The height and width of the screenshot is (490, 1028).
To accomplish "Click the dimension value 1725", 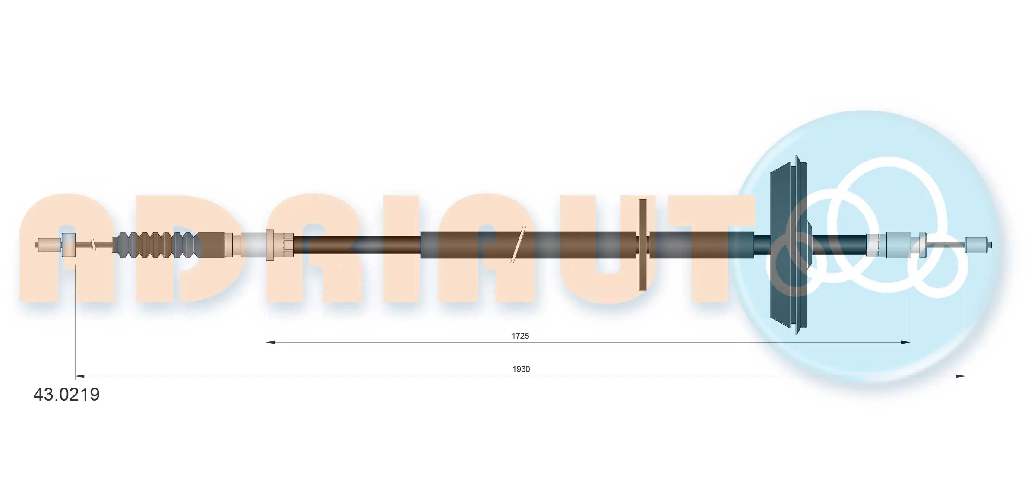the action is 520,336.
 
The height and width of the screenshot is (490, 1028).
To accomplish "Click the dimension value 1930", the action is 521,369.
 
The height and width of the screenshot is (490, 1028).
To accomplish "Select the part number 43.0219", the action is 66,395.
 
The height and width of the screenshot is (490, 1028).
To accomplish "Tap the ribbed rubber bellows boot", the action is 155,245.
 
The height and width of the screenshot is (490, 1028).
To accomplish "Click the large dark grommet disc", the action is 788,245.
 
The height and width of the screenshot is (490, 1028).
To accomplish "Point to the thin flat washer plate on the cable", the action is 642,245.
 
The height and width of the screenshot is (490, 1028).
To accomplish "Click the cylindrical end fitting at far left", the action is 49,245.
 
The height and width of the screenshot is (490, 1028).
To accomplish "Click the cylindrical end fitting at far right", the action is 977,245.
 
